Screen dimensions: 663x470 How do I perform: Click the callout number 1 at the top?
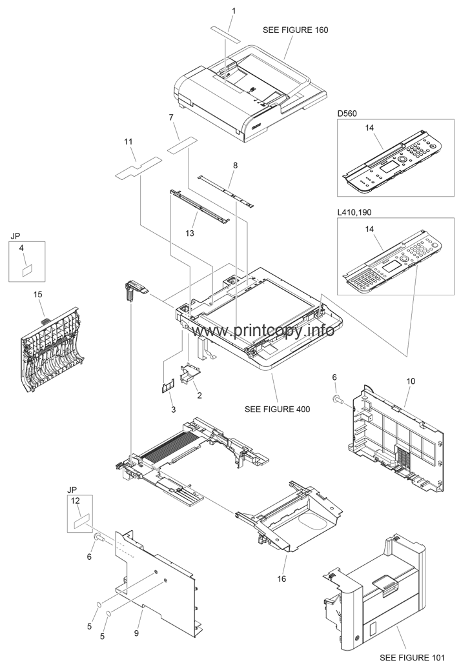click(x=216, y=10)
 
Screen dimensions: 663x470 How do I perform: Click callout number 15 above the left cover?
click(x=37, y=294)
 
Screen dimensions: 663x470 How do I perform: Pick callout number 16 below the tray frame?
click(x=281, y=579)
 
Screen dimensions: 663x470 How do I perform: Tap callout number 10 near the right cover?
click(x=411, y=381)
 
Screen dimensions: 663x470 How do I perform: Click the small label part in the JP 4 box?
click(x=27, y=270)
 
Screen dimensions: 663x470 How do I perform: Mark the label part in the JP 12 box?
click(x=81, y=520)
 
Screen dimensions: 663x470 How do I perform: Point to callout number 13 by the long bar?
click(x=190, y=232)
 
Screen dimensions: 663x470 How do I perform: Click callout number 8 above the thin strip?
click(x=235, y=166)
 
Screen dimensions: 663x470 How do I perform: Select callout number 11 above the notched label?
click(x=128, y=141)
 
